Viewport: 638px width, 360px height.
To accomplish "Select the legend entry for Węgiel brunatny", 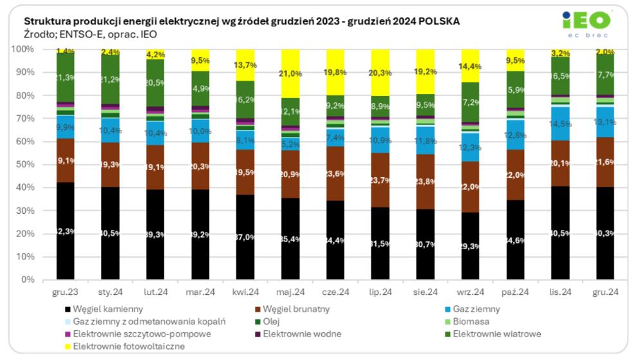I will click(x=294, y=308).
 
